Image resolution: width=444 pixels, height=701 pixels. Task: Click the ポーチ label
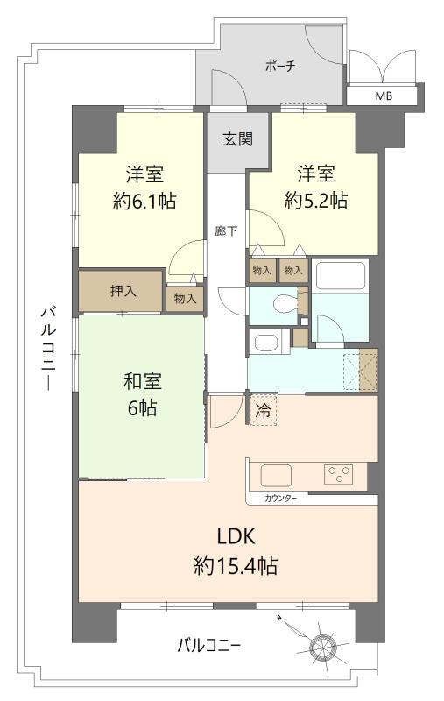(x=280, y=67)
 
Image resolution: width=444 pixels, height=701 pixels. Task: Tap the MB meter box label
(x=384, y=96)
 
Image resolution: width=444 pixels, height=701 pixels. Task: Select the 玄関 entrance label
(x=238, y=139)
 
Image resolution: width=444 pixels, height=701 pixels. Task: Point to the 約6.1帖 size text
(x=144, y=202)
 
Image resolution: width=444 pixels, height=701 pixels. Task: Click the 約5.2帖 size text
(x=316, y=201)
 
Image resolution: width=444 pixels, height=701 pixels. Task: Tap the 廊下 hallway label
(x=226, y=231)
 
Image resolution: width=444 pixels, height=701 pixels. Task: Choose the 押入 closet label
(x=123, y=292)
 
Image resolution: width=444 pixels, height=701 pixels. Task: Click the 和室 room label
(x=143, y=381)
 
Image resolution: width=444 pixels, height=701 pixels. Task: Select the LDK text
(x=236, y=536)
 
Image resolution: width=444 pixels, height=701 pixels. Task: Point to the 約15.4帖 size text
(x=236, y=565)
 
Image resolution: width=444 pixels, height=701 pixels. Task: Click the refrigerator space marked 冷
(x=263, y=410)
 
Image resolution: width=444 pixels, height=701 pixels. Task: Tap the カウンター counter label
(x=280, y=499)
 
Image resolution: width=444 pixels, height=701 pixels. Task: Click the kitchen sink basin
(x=276, y=476)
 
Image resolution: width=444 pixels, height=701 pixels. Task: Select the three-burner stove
(x=338, y=474)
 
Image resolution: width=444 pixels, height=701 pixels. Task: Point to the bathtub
(x=341, y=275)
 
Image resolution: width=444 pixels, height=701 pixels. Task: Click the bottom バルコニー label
(x=209, y=646)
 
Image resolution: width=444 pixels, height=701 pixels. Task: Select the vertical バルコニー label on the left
(x=48, y=348)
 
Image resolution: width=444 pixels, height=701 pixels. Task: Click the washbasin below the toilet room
(x=265, y=343)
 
